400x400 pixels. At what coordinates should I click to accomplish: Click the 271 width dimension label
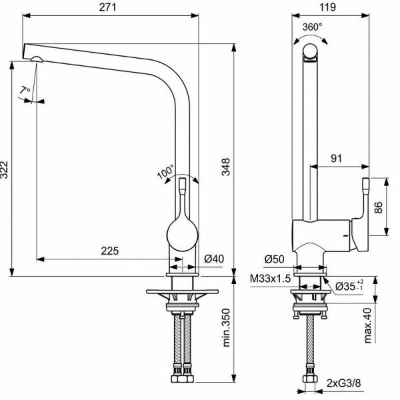107,7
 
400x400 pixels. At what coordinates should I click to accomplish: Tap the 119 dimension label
327,7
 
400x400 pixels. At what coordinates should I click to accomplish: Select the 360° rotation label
312,27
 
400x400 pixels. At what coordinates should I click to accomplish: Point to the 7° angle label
25,91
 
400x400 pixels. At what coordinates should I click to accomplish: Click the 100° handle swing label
165,171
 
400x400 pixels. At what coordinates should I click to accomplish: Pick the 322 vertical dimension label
5,169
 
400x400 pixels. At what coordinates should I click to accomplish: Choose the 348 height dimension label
226,167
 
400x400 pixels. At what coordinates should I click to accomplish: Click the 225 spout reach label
110,251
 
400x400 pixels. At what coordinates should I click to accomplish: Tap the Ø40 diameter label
214,259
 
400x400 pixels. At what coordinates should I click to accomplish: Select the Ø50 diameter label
274,259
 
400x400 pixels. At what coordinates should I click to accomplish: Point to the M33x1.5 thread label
270,279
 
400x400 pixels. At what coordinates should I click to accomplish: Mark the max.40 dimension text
367,325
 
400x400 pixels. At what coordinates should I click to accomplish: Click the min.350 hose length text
226,328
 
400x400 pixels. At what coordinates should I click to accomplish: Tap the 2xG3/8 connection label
344,383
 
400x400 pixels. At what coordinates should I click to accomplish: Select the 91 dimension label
336,159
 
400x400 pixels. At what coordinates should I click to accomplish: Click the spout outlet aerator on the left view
37,59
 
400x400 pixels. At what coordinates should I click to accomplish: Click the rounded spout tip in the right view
310,53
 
